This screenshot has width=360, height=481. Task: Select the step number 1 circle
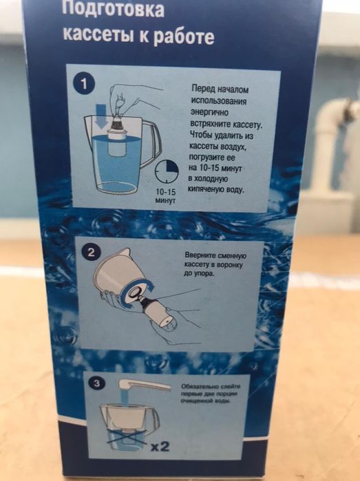click(84, 83)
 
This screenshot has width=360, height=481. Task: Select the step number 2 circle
click(89, 253)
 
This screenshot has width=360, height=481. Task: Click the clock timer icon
click(167, 171)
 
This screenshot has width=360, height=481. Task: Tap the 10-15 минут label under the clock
click(167, 196)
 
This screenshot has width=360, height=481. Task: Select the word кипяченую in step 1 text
click(211, 187)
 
